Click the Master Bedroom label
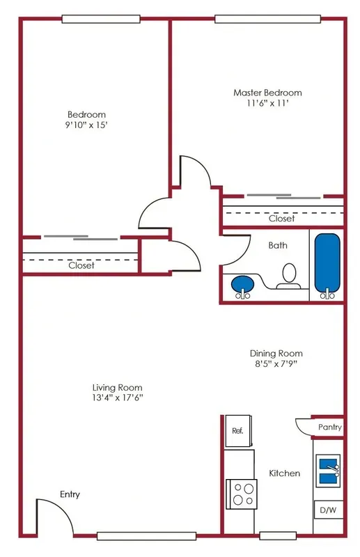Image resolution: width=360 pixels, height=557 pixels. tap(267, 93)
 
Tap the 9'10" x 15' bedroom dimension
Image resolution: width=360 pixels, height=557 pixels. tap(86, 127)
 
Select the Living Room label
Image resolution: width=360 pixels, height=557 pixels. tap(117, 387)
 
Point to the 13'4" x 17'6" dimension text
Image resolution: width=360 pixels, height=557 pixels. tap(117, 399)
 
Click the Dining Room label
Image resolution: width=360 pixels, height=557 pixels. tap(276, 353)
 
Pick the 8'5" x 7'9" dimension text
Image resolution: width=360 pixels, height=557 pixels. tap(276, 365)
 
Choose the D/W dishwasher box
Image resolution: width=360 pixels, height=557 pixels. tap(327, 510)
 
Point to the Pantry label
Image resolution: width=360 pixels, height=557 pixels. tap(329, 427)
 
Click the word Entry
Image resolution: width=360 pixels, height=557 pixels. tap(70, 494)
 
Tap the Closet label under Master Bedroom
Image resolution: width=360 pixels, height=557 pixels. tap(282, 219)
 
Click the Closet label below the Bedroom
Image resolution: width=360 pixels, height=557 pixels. tap(81, 265)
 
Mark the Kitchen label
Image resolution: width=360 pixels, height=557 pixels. tap(285, 473)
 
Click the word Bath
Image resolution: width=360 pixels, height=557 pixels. tap(277, 245)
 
